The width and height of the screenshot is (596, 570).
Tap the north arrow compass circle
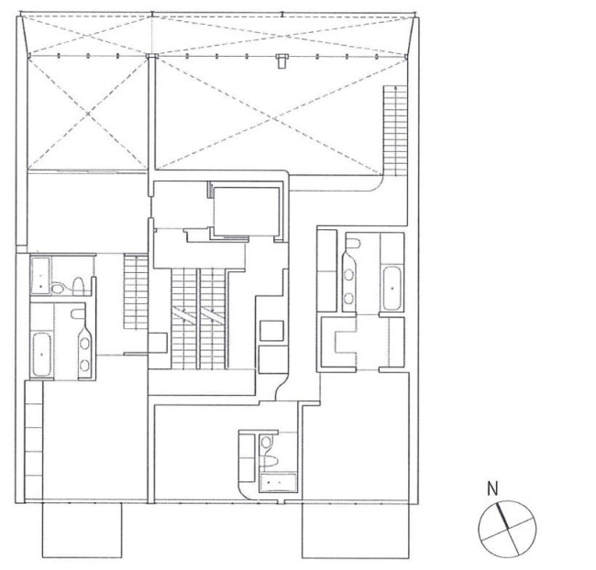point(505,528)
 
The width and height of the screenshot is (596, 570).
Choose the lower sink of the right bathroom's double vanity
point(352,295)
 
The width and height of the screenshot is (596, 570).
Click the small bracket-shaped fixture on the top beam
point(281,61)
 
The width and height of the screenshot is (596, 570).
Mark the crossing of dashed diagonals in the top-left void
point(87,114)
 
